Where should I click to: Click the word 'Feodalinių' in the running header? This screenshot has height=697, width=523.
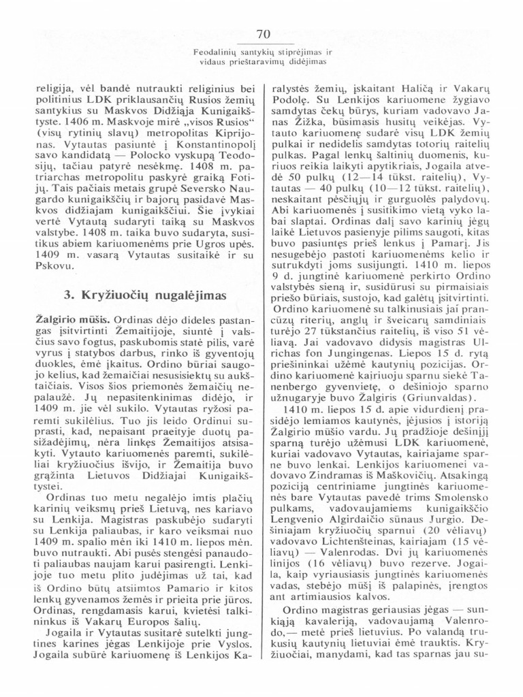click(213, 51)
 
